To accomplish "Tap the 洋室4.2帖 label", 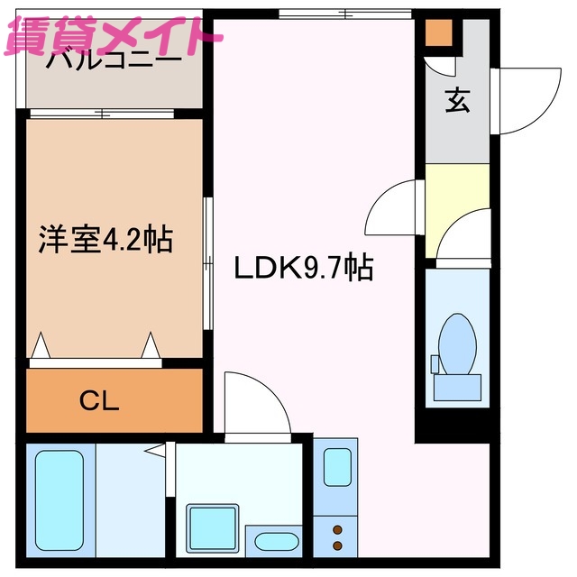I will (x=105, y=240).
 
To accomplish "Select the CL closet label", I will (x=98, y=401).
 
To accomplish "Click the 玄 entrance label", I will (x=456, y=102).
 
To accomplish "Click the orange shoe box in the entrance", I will (x=438, y=32).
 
